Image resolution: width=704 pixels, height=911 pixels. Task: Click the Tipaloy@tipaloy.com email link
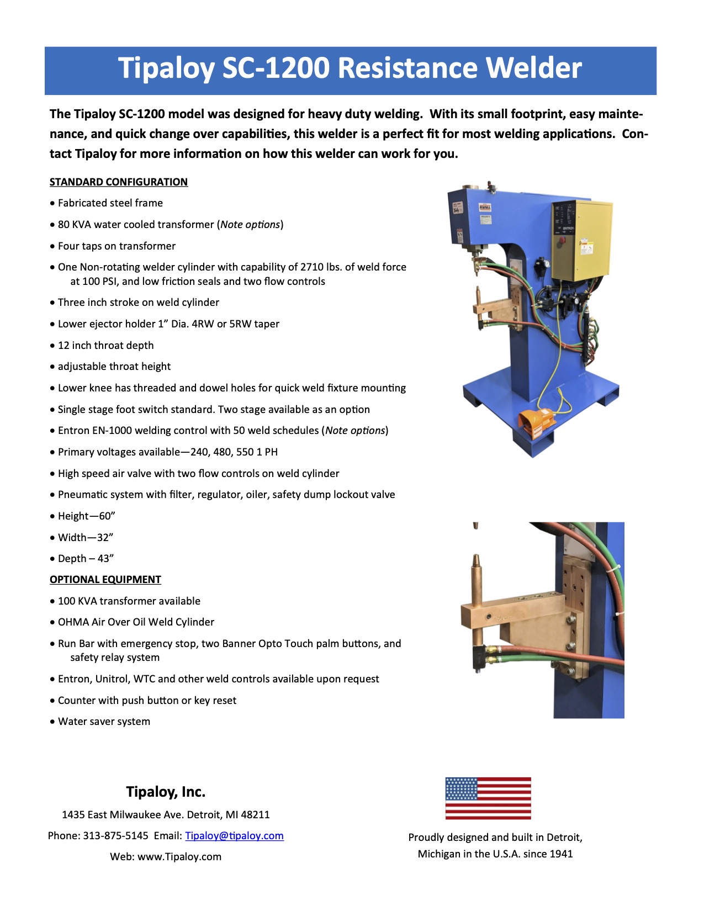pos(234,835)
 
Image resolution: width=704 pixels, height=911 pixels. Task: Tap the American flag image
pos(488,798)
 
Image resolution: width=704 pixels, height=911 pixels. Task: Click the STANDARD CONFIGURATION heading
pos(119,182)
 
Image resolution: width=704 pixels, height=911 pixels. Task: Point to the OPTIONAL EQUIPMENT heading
pos(105,580)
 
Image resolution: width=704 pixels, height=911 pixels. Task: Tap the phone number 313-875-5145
pos(115,835)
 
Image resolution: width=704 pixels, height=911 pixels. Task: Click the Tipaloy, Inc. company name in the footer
pos(166,792)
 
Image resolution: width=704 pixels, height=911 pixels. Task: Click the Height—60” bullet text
pos(87,516)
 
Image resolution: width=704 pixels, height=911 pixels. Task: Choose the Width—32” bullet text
pos(86,538)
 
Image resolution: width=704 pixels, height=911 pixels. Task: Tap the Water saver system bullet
pos(104,722)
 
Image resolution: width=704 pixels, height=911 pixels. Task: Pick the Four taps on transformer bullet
pos(117,246)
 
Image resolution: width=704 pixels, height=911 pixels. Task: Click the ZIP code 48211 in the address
pos(256,814)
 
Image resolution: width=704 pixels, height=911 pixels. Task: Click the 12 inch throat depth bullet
pos(106,346)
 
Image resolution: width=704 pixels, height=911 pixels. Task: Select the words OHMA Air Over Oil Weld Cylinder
pos(136,622)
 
